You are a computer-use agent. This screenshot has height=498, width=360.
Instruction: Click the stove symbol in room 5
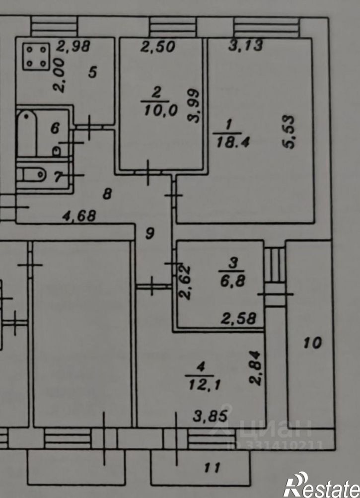tap(37, 57)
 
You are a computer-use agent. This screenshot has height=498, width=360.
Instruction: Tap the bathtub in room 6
tap(27, 134)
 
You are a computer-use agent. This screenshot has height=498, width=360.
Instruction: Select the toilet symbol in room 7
tap(32, 174)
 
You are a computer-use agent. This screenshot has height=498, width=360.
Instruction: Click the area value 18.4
tap(232, 143)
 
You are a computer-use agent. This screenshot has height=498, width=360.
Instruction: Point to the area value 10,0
tap(160, 111)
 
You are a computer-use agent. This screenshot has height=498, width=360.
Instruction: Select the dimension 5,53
tap(289, 132)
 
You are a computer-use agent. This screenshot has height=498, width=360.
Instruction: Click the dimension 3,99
tap(194, 105)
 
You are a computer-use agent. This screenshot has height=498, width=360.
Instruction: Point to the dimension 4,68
tap(79, 216)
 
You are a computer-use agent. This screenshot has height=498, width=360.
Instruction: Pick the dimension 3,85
tap(211, 416)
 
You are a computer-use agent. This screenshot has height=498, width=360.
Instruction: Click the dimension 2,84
tap(256, 368)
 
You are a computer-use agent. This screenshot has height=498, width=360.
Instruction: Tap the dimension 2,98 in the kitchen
tap(73, 46)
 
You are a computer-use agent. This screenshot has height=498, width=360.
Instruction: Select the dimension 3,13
tap(246, 45)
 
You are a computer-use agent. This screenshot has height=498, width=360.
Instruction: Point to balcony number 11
tap(212, 468)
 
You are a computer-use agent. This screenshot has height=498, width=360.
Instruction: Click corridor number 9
tap(149, 234)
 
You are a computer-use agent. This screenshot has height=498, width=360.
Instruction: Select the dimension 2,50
tap(158, 47)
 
